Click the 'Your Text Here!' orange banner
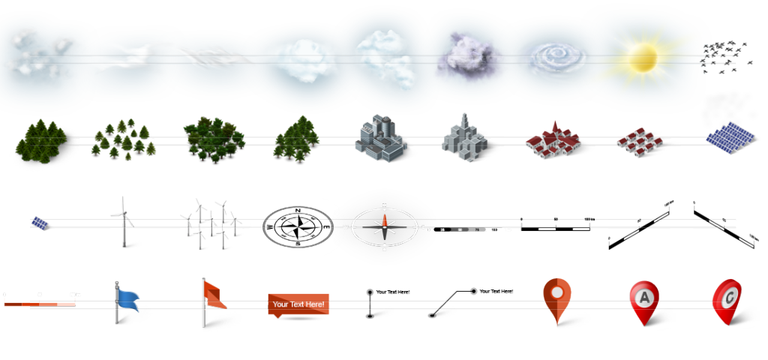[x=298, y=304]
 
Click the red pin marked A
[x=643, y=300]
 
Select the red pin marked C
[x=727, y=296]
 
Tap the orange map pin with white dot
[x=556, y=297]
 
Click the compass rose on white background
[x=298, y=224]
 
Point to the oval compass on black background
[x=384, y=225]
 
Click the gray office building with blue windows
[x=380, y=138]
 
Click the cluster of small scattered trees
[x=122, y=139]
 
